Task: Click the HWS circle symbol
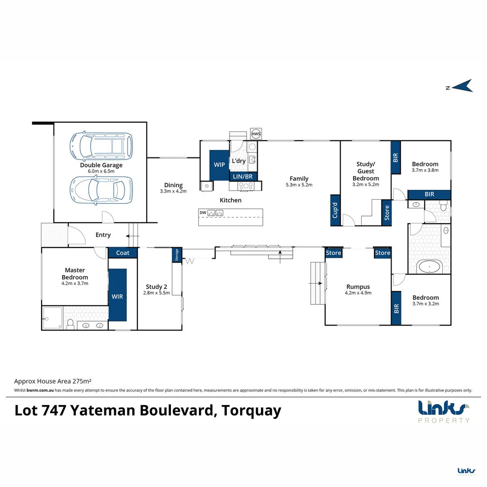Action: coord(256,134)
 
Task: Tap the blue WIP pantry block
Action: coord(220,165)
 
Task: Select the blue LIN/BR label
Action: coord(243,176)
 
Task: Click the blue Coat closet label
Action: coord(123,253)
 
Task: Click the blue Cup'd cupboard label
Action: coord(335,210)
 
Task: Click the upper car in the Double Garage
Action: coord(101,147)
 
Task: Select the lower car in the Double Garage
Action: coord(101,190)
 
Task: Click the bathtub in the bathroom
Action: coord(430,267)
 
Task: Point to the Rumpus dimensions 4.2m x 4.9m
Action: coord(358,293)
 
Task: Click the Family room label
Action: coord(299,179)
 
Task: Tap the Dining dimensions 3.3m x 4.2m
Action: coord(173,191)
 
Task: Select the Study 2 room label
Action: coord(156,286)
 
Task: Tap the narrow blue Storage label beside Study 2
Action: coord(177,255)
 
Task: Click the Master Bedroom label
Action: coord(75,274)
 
